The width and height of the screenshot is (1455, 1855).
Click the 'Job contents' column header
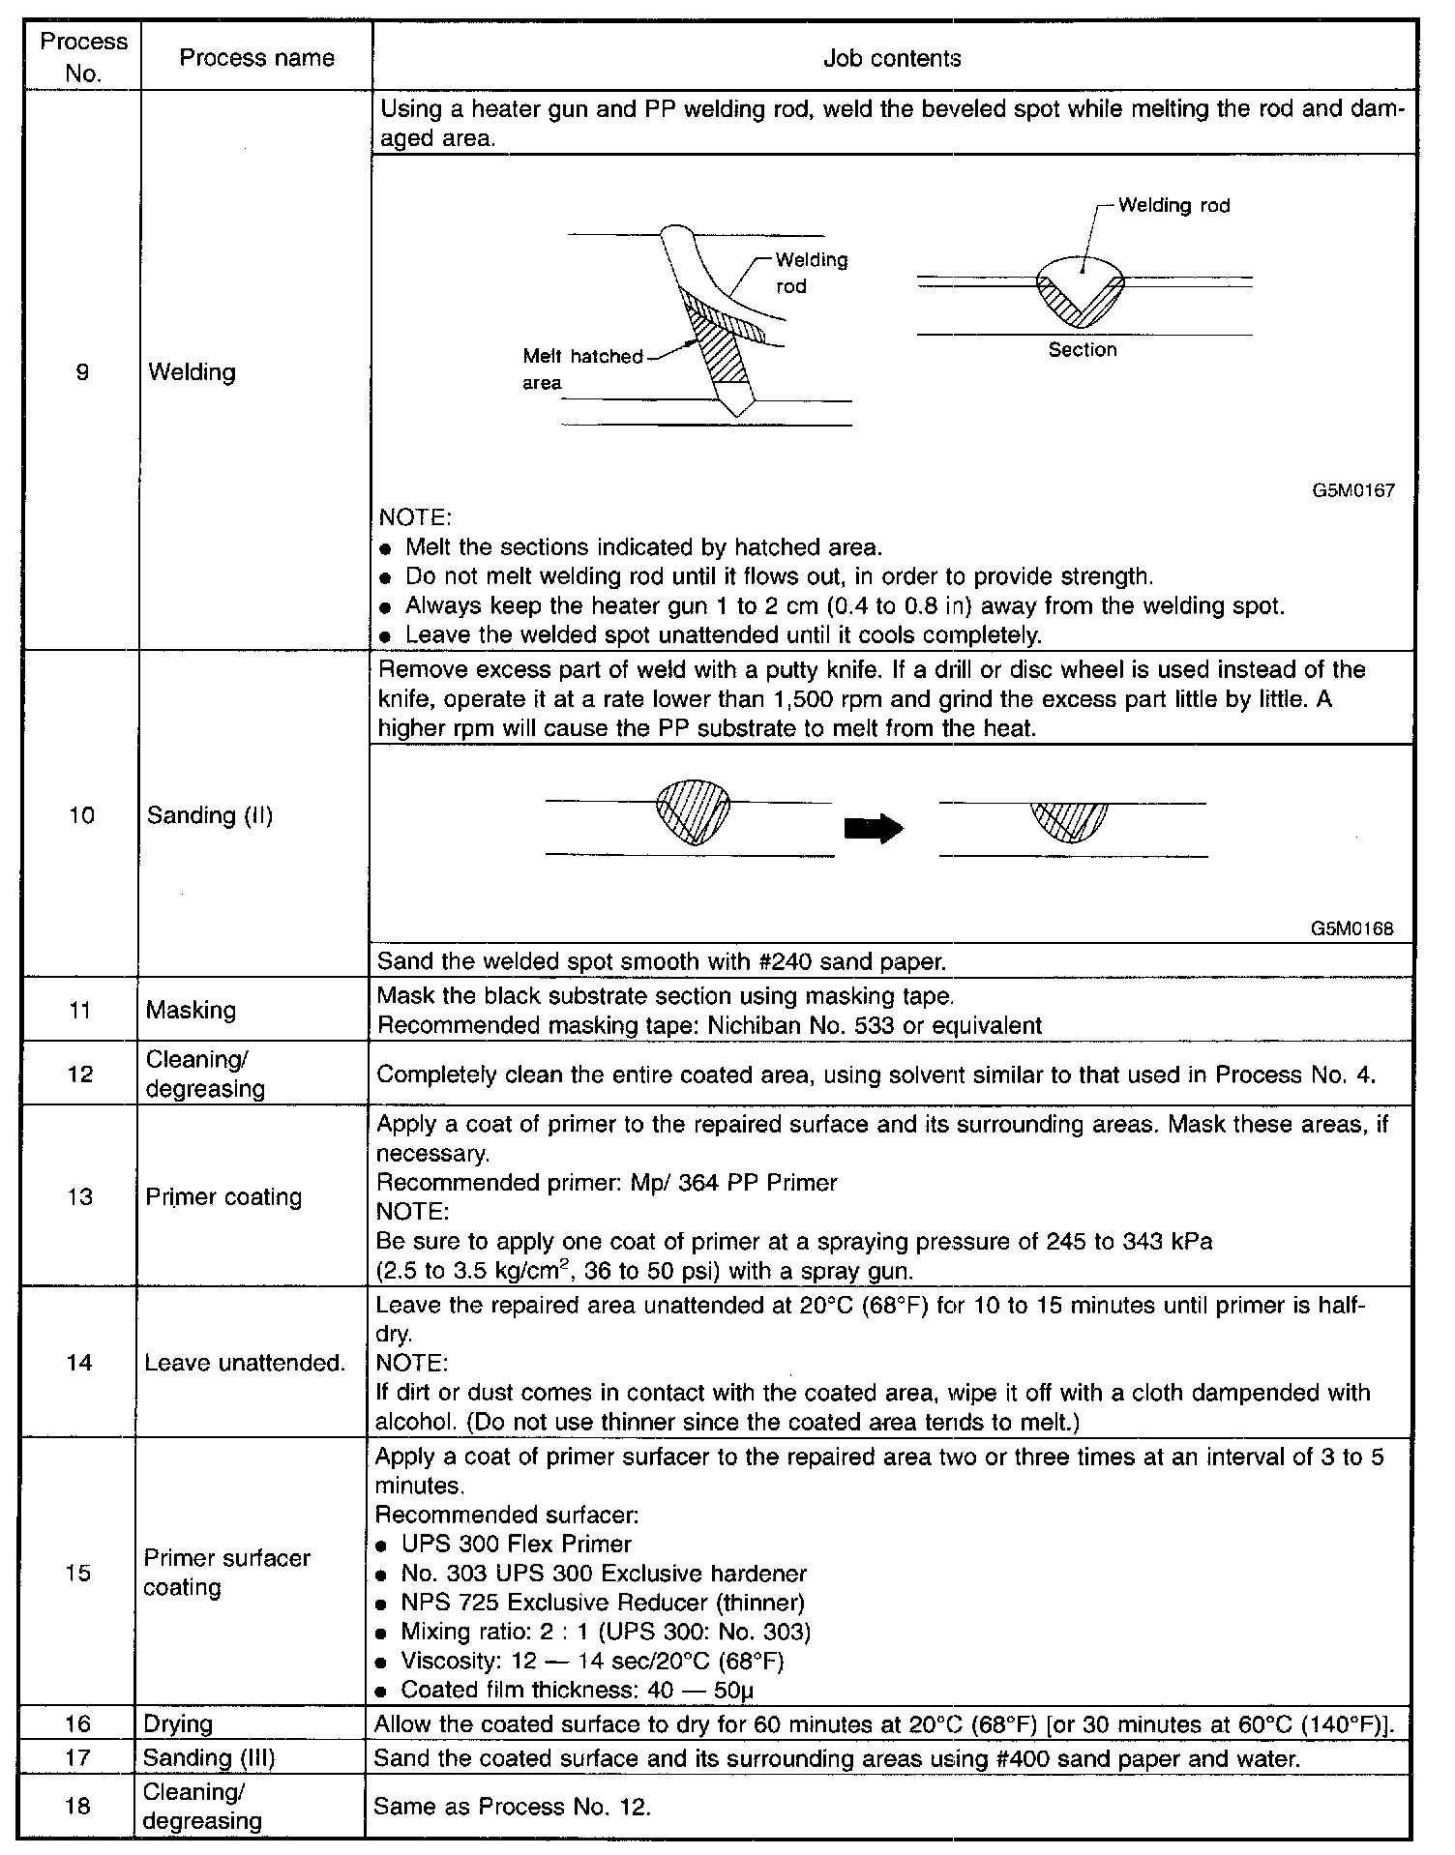[x=891, y=58]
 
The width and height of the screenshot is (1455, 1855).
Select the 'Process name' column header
[x=256, y=58]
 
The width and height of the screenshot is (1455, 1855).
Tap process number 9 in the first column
[x=82, y=371]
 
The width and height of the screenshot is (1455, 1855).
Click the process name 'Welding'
[x=192, y=372]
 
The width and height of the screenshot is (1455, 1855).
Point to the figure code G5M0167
[x=1353, y=490]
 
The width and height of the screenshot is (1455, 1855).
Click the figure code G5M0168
[x=1352, y=928]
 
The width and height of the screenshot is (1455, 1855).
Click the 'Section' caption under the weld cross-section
[x=1083, y=350]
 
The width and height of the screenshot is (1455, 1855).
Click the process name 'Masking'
[x=191, y=1010]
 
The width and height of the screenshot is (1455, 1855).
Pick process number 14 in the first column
[x=79, y=1363]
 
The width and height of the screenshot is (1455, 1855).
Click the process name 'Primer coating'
[x=223, y=1197]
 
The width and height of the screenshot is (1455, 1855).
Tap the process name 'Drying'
[x=177, y=1724]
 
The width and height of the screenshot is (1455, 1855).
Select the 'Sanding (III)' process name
[x=209, y=1757]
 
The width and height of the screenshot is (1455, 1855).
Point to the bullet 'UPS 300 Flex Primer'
[x=517, y=1545]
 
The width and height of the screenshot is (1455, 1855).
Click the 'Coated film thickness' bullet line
[x=577, y=1690]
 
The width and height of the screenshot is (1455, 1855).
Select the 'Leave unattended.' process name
[x=245, y=1364]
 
